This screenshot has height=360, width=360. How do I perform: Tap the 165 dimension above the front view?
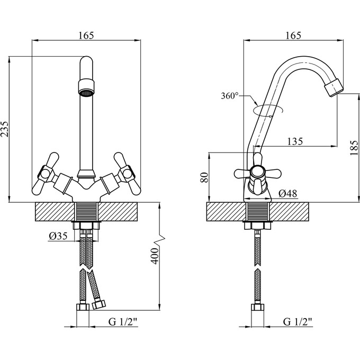(87, 35)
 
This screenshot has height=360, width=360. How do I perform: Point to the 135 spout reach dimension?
(294, 141)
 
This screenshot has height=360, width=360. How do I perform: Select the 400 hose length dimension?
(154, 257)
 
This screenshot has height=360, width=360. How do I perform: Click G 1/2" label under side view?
(298, 321)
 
